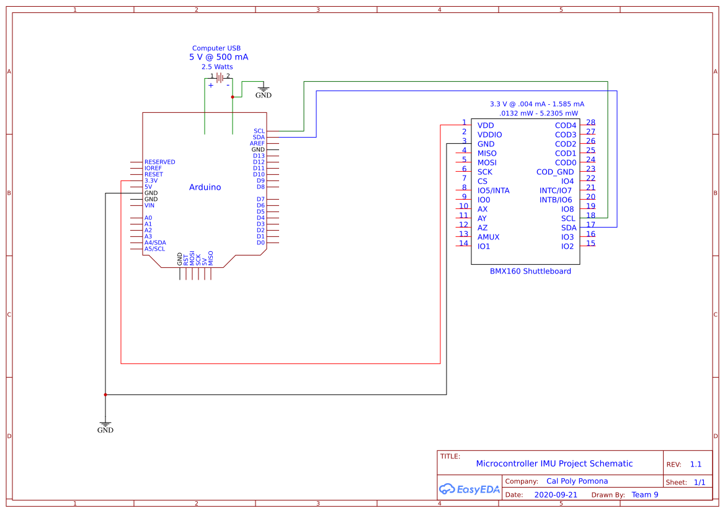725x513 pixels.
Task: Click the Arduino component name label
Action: coord(205,187)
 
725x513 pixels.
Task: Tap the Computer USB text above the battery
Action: coord(216,48)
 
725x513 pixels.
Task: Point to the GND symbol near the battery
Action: coord(263,91)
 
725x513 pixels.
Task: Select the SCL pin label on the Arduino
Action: coord(259,131)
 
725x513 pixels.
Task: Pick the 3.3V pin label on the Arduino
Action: coord(151,181)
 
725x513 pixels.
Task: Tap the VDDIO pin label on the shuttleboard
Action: coord(489,135)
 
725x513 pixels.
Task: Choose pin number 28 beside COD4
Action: coord(590,123)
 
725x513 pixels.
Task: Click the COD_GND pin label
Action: coord(555,172)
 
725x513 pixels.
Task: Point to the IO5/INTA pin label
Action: coord(493,190)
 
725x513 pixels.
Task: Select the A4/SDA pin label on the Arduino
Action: coord(155,243)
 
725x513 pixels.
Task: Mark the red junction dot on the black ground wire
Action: coord(105,395)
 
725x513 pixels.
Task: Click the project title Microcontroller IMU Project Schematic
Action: coord(554,463)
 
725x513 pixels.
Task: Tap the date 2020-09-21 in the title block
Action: coord(555,494)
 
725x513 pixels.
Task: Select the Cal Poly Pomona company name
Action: coord(577,481)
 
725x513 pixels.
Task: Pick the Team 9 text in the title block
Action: coord(644,494)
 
